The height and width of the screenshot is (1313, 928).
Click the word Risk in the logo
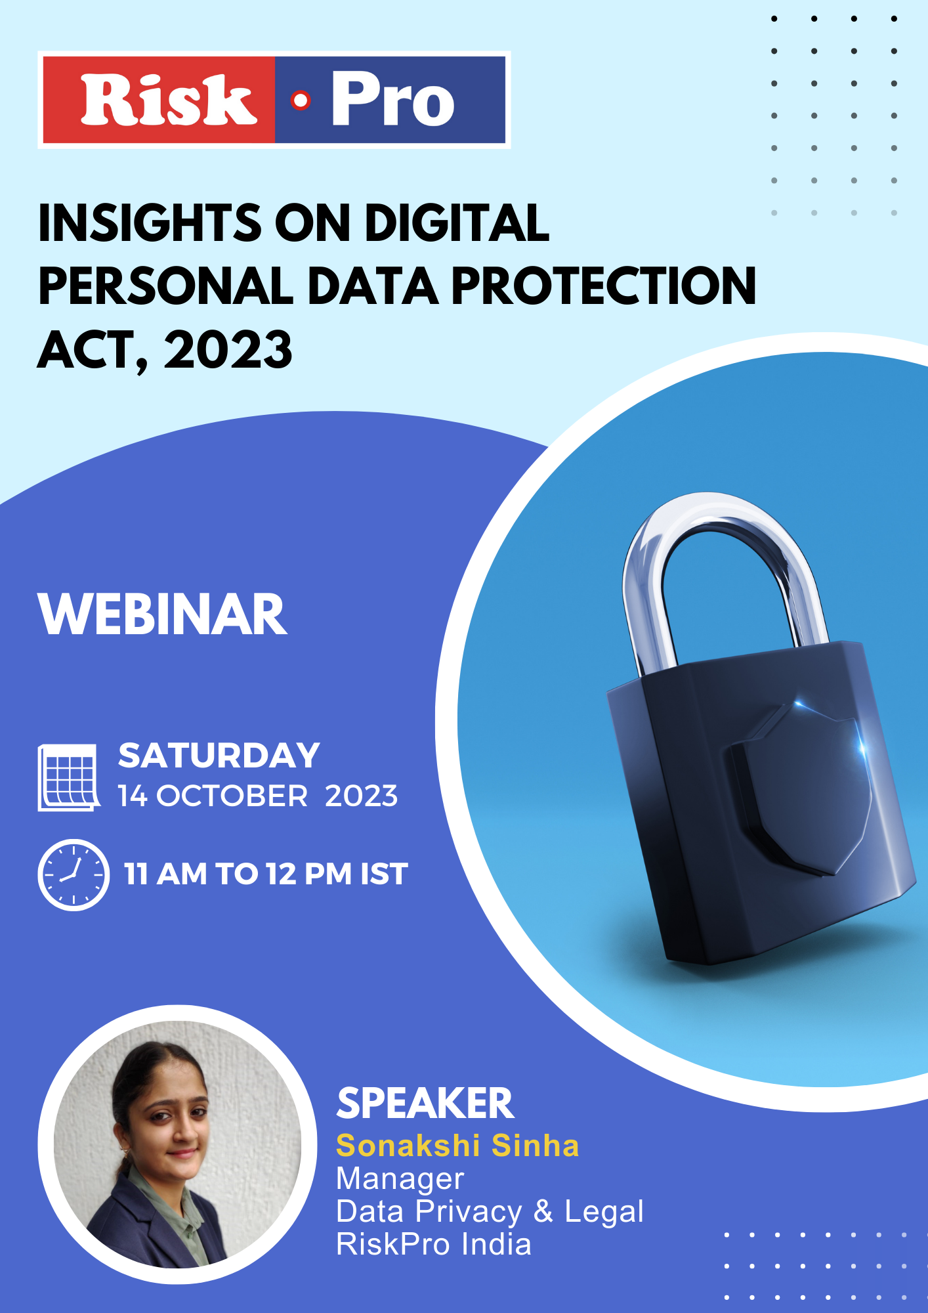[169, 100]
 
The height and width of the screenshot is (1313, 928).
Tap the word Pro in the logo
[392, 99]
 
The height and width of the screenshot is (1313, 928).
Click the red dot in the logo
[301, 100]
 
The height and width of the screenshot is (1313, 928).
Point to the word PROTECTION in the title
[604, 286]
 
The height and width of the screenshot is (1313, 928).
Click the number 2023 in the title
[228, 350]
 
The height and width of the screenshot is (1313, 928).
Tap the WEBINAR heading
[163, 614]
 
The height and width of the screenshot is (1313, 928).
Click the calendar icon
[69, 777]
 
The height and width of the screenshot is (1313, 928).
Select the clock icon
[74, 874]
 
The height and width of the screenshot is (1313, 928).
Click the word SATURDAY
[219, 756]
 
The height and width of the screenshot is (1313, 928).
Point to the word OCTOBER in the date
[232, 796]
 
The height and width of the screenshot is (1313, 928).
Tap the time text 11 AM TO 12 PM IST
[266, 874]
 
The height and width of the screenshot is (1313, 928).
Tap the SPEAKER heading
[425, 1103]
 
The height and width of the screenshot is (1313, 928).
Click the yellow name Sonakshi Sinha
[457, 1146]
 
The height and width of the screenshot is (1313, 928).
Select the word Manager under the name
[400, 1179]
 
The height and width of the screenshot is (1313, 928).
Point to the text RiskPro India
[434, 1244]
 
